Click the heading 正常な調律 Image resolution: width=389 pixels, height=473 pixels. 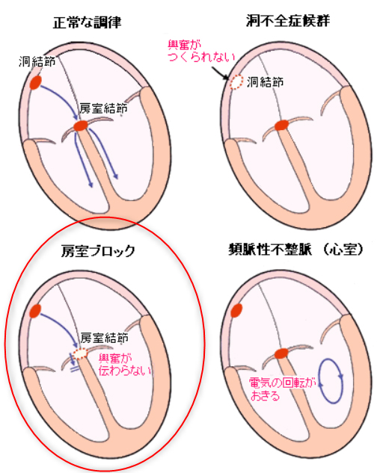[x=87, y=22]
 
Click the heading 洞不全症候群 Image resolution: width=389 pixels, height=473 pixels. [x=288, y=20]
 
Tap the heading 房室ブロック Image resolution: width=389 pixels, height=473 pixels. [x=98, y=251]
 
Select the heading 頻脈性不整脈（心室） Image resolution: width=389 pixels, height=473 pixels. [x=296, y=250]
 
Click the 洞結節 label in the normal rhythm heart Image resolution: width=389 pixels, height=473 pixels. [x=37, y=61]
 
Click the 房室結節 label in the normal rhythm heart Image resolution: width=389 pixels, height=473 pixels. [x=103, y=108]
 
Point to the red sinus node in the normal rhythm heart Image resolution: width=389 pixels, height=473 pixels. [x=35, y=82]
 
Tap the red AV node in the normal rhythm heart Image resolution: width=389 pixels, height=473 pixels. [x=81, y=126]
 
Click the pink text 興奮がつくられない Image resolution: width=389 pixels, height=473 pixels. [x=201, y=51]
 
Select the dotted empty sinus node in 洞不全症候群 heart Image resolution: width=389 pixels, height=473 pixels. [x=236, y=81]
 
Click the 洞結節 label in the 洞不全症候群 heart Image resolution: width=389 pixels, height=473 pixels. [x=265, y=81]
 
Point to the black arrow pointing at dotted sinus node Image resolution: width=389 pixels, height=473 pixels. [x=220, y=72]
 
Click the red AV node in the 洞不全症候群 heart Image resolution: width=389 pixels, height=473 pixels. [x=281, y=125]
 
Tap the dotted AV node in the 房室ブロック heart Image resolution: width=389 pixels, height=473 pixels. [x=80, y=353]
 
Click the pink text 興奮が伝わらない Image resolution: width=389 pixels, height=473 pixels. [x=124, y=365]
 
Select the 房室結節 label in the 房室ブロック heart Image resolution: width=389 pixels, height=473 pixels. [x=104, y=338]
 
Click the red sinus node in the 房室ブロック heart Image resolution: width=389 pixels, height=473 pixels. [x=35, y=311]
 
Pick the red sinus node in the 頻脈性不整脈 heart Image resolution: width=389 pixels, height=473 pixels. [x=236, y=310]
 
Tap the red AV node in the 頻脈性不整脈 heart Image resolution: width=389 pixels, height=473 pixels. [x=281, y=353]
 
